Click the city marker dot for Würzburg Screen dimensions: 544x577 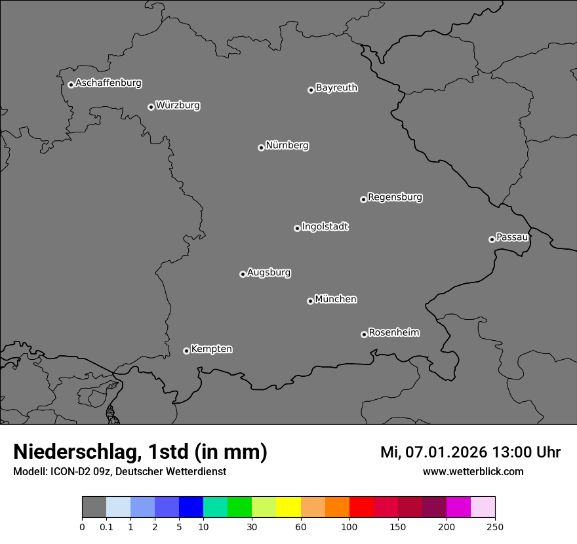(x=151, y=107)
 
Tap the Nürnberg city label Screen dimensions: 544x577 (x=287, y=146)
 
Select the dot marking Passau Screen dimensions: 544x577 (x=492, y=239)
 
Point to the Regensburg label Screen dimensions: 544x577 (x=395, y=197)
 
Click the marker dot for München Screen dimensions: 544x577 (x=310, y=301)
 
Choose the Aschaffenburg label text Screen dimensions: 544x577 (x=108, y=83)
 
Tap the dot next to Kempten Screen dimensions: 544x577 (x=186, y=351)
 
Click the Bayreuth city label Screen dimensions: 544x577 (x=336, y=88)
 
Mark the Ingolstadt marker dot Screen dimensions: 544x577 (x=297, y=228)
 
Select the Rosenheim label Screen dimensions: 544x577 (x=393, y=333)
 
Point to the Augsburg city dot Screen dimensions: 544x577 (x=243, y=274)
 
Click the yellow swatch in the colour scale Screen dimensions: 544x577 (x=288, y=507)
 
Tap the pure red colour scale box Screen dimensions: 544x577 (x=361, y=507)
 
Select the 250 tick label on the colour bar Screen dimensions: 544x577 (x=494, y=526)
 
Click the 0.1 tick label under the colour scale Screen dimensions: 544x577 (x=106, y=526)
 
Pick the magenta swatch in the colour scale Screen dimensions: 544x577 (x=458, y=507)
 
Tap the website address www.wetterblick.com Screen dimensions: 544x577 (x=473, y=471)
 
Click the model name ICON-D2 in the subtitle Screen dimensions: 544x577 (x=69, y=471)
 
